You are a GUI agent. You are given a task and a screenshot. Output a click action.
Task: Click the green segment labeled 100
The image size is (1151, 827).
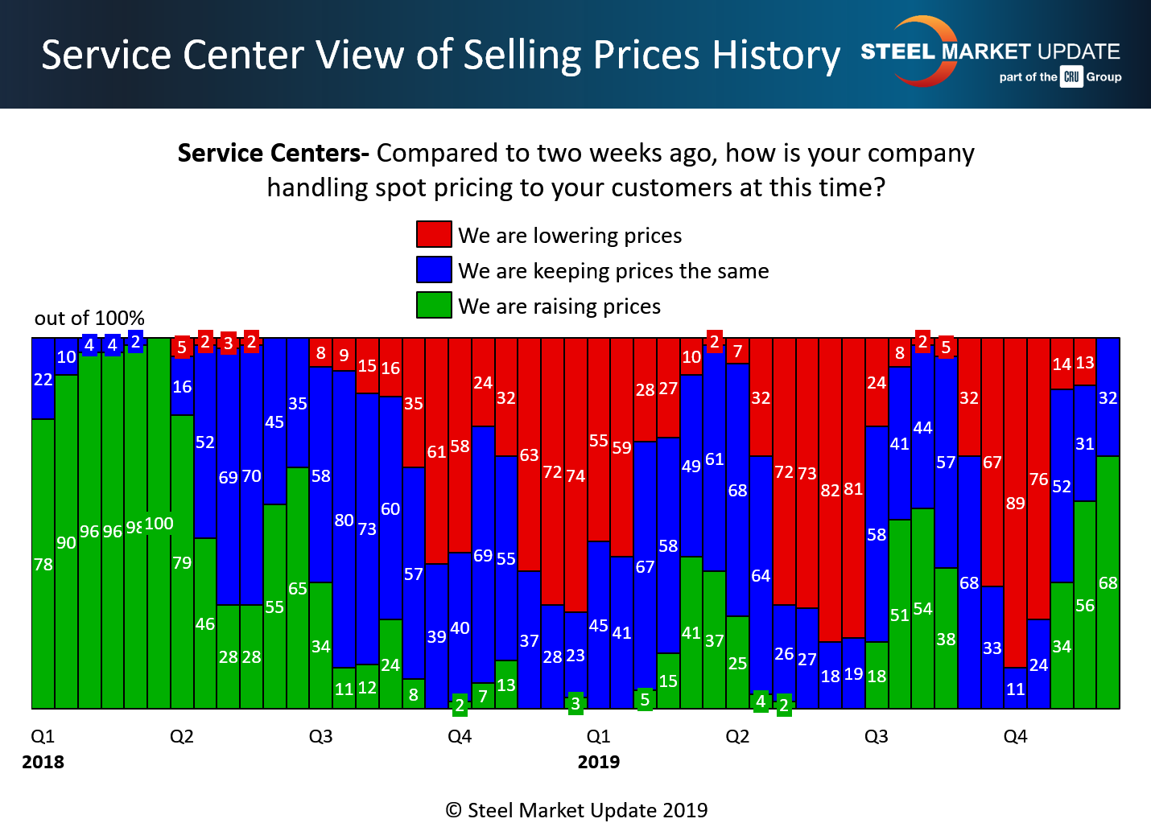pos(159,523)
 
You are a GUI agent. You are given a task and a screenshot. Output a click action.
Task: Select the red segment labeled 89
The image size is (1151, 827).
pos(1015,503)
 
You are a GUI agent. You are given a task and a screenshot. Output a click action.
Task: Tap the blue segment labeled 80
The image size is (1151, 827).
pos(344,520)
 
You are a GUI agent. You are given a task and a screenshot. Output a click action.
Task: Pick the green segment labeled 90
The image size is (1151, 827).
pos(66,542)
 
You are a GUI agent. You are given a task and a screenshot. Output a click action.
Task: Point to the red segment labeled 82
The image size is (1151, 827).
pos(830,490)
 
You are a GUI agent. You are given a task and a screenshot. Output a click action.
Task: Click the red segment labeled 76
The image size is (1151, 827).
pos(1038,479)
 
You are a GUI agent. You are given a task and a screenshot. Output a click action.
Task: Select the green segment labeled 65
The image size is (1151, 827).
pos(298,588)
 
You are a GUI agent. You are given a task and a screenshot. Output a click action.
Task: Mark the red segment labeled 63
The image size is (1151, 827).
pos(529,455)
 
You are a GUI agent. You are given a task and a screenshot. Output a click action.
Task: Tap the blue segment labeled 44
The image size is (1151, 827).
pos(922,428)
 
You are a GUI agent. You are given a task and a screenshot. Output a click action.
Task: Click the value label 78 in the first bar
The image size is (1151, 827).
pos(43,565)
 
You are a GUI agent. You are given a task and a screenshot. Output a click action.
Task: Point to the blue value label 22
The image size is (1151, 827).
pos(43,379)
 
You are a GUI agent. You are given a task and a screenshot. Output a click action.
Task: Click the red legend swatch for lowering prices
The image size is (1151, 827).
pos(434,234)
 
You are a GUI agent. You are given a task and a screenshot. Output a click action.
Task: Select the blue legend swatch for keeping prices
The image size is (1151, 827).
pos(434,269)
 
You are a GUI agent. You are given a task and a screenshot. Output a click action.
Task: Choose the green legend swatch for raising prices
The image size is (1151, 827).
pos(434,305)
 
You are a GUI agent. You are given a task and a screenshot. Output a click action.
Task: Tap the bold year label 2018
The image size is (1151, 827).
pos(43,762)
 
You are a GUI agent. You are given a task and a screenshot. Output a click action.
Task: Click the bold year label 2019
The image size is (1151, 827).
pos(598,762)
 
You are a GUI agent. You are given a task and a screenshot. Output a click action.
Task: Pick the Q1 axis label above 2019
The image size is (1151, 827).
pos(598,736)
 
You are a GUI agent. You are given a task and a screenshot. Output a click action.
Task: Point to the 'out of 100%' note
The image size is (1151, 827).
pos(89,318)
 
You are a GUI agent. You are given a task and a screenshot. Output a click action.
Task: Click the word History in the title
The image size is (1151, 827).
pos(776,56)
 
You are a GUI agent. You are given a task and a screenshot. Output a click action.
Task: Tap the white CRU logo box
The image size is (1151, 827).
pos(1071,77)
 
